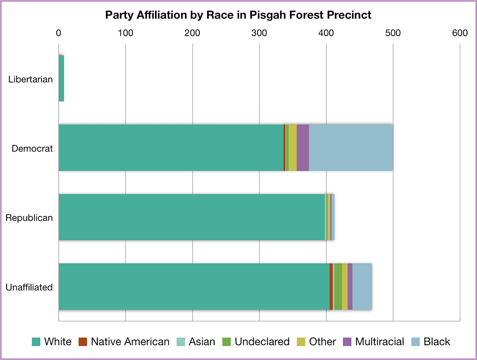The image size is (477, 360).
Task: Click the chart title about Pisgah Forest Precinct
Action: coord(238,15)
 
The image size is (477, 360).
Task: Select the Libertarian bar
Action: coord(61,78)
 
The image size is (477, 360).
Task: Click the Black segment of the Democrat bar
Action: coord(351,148)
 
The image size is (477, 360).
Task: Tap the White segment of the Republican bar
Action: coord(191,217)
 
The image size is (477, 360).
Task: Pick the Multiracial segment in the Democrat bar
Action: coord(302,148)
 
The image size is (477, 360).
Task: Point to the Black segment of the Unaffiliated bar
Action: coord(362,287)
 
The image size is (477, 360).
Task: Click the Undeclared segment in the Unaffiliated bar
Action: coord(338,287)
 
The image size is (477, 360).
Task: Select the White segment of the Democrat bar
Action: coord(171,148)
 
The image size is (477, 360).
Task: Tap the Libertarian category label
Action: coord(31,79)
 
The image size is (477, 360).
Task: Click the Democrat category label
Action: coord(32,148)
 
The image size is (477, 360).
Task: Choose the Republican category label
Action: coord(29,218)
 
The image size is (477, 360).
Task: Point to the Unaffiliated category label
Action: coord(29,287)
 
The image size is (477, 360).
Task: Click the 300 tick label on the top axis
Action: coord(259,33)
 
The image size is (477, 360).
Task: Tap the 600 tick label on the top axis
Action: coord(459,33)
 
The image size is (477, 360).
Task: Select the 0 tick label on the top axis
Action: coord(59,33)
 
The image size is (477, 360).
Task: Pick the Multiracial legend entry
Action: coord(373,341)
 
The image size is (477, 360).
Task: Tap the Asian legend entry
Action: coord(197,341)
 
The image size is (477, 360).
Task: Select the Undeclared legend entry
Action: coord(256,341)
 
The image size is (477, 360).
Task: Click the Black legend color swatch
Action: coord(415,341)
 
